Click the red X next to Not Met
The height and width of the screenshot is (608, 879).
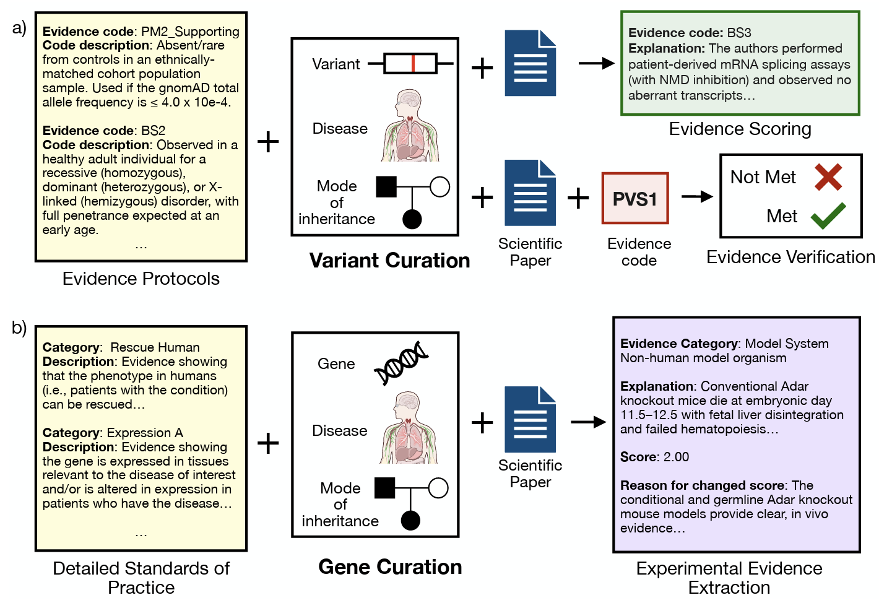(x=828, y=177)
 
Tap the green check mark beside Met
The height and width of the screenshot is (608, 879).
(x=828, y=215)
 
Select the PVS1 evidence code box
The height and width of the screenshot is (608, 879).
(x=635, y=198)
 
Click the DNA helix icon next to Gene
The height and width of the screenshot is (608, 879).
(x=401, y=363)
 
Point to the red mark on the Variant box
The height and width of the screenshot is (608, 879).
(x=413, y=63)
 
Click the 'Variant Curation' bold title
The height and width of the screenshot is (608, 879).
(x=389, y=261)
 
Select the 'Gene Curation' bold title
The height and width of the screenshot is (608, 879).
(x=390, y=567)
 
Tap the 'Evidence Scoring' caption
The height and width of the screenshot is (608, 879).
(x=740, y=129)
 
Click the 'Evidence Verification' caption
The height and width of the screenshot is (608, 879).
(x=790, y=257)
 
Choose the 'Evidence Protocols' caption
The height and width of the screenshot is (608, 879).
(x=141, y=279)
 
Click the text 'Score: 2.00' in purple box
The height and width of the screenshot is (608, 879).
(x=654, y=457)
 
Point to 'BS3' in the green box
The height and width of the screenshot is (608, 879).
(x=739, y=33)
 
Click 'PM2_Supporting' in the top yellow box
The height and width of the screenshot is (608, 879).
(x=190, y=32)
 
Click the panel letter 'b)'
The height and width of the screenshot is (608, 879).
(x=19, y=327)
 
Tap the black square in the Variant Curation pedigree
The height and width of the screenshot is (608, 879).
(x=386, y=186)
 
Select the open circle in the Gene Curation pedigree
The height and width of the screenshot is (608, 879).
(x=438, y=488)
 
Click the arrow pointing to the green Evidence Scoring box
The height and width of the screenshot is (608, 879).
(x=595, y=63)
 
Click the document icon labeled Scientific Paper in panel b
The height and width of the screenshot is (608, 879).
(x=530, y=419)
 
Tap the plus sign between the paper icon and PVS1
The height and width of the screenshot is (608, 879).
(x=578, y=198)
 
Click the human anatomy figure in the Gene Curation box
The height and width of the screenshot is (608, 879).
(x=409, y=428)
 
